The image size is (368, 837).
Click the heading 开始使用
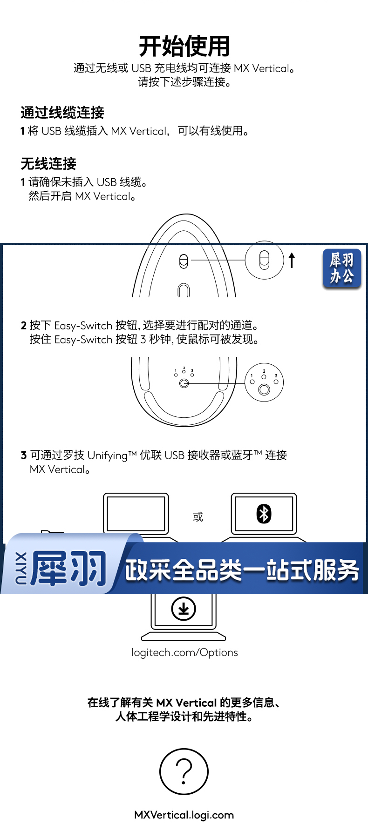(x=184, y=46)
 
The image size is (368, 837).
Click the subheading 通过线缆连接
(x=62, y=113)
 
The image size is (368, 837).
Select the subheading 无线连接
(x=48, y=164)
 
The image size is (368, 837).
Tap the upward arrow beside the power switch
(x=292, y=261)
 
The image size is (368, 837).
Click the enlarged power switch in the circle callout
(x=264, y=260)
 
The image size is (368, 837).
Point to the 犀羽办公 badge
(x=342, y=268)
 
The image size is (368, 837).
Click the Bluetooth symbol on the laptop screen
(x=264, y=514)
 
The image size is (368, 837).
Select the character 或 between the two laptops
(x=198, y=516)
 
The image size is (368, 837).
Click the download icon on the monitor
(x=184, y=609)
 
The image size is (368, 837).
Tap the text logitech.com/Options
(x=184, y=652)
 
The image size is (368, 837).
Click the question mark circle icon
(x=184, y=771)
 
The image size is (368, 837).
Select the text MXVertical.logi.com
(x=184, y=815)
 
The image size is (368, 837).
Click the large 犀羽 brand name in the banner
(x=68, y=568)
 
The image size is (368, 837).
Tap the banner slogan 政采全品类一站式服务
(x=242, y=570)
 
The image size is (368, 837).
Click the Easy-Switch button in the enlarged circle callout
(x=264, y=389)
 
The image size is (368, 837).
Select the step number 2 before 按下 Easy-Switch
(x=24, y=325)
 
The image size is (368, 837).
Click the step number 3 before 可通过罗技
(x=24, y=455)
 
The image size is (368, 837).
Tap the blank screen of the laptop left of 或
(x=136, y=513)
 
